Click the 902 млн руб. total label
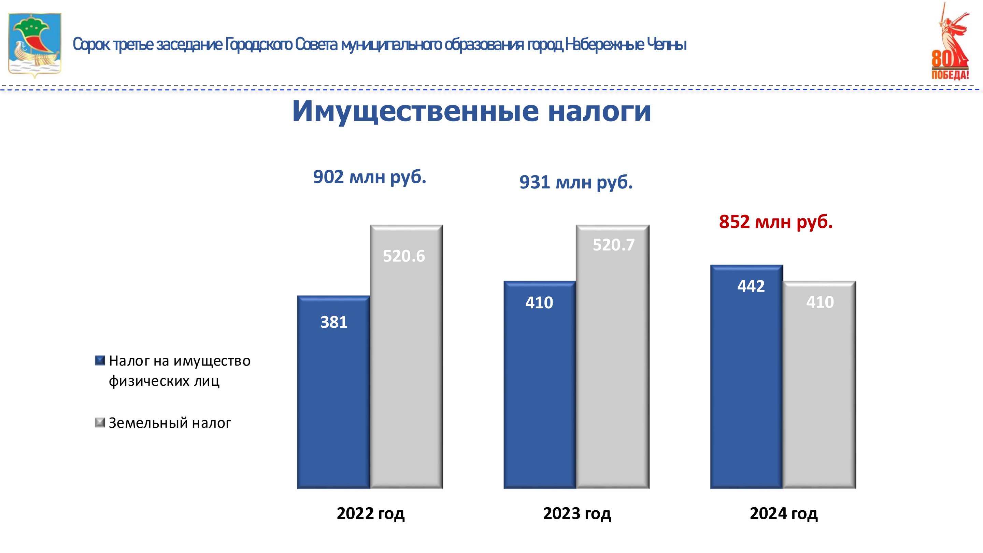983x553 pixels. click(369, 177)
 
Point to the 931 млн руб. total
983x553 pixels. click(576, 182)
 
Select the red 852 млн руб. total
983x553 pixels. click(775, 222)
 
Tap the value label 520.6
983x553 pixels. click(404, 256)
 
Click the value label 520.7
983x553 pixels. click(613, 245)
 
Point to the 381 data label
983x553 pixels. click(333, 322)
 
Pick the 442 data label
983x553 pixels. click(751, 286)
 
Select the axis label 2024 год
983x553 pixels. click(783, 513)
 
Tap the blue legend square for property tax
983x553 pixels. click(100, 361)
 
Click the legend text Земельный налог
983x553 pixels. click(170, 423)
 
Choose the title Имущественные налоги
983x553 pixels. click(472, 111)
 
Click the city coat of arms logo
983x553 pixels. click(35, 45)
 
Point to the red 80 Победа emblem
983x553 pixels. click(950, 42)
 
